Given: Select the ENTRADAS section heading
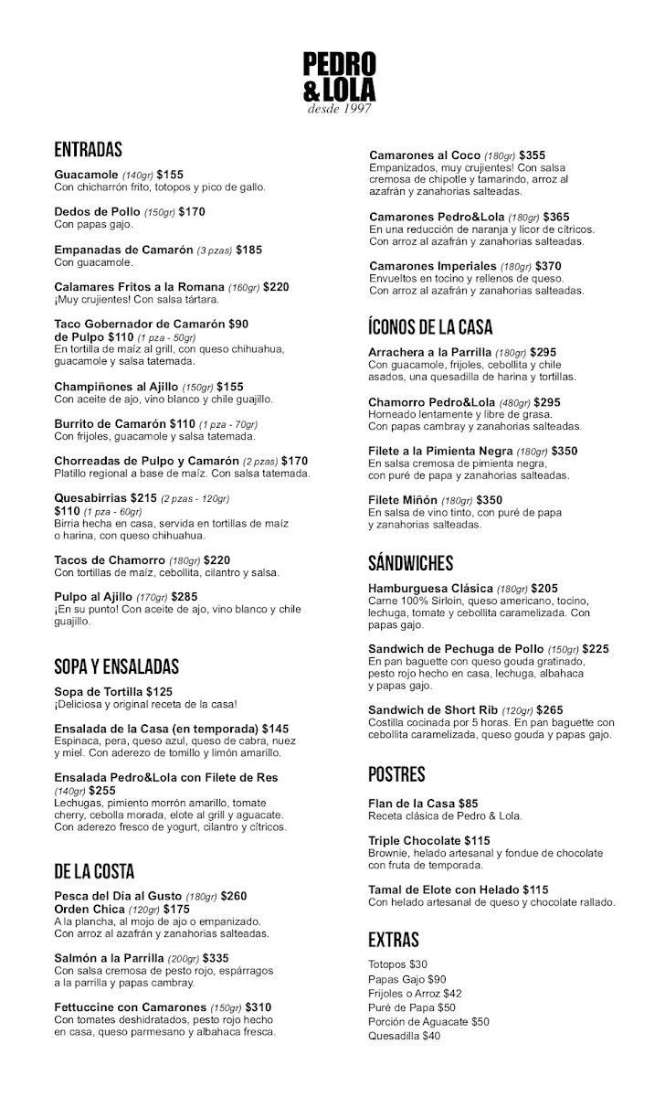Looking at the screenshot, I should click(x=88, y=150).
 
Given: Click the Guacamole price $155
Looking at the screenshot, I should click(x=170, y=175).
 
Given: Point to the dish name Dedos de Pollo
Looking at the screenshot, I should click(x=97, y=212).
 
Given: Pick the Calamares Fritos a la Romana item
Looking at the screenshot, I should click(x=139, y=287).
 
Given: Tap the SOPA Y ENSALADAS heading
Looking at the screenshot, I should click(x=116, y=666).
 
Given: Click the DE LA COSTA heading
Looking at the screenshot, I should click(x=94, y=871).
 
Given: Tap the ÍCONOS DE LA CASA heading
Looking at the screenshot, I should click(x=430, y=327).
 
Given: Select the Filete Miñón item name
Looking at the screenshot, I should click(x=402, y=500).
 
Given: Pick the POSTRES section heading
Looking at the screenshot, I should click(x=396, y=775).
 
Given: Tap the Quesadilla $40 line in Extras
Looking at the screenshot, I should click(x=404, y=1036).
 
